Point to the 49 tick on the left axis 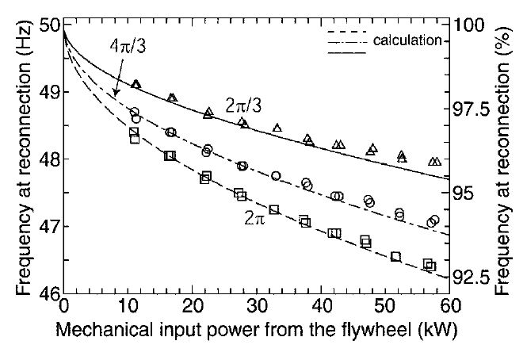[45, 92]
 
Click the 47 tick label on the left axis [45, 227]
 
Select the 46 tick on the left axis [45, 293]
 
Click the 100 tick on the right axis [474, 25]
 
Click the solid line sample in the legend [346, 52]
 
